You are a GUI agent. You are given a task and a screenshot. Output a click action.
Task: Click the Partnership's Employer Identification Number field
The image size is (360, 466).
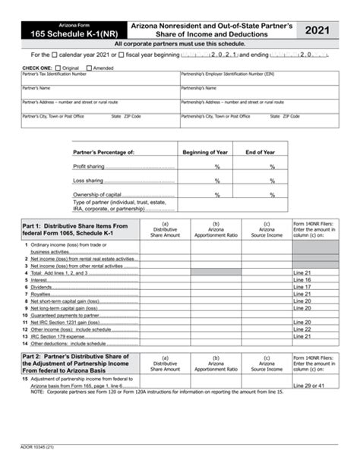pos(258,79)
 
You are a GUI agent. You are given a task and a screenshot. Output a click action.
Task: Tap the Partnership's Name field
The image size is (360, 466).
pos(258,93)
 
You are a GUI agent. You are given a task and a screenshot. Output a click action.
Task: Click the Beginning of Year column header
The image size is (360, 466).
pos(216,153)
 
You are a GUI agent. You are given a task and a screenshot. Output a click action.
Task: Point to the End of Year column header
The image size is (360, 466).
pos(270,153)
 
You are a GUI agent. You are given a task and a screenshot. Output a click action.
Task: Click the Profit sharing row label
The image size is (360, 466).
pos(90,166)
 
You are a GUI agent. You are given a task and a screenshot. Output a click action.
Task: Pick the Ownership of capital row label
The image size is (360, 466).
pos(96,194)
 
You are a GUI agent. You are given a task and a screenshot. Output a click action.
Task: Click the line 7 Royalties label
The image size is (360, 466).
pos(39,294)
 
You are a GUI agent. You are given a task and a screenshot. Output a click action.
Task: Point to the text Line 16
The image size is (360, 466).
pos(302,280)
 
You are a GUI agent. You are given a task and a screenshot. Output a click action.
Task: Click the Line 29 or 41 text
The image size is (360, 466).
pos(308,387)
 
